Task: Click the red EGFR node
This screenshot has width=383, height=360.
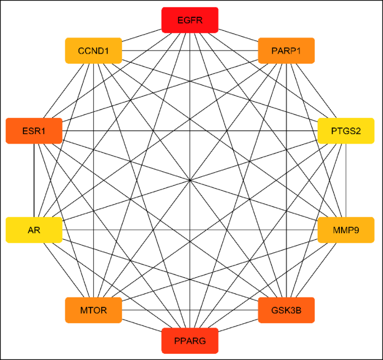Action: coord(190,20)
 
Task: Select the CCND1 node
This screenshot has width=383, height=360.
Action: coord(93,51)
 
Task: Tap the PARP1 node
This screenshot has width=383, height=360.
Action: coord(286,51)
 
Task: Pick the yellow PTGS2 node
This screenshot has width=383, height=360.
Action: coord(346,131)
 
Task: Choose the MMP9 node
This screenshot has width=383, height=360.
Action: coord(346,230)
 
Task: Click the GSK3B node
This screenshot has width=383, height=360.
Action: coord(286,310)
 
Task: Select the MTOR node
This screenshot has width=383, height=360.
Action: coord(93,310)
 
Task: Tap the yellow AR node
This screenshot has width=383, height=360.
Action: coord(34,230)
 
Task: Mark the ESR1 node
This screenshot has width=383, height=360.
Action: coord(34,131)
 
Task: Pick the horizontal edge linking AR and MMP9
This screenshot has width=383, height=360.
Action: coord(140,230)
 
